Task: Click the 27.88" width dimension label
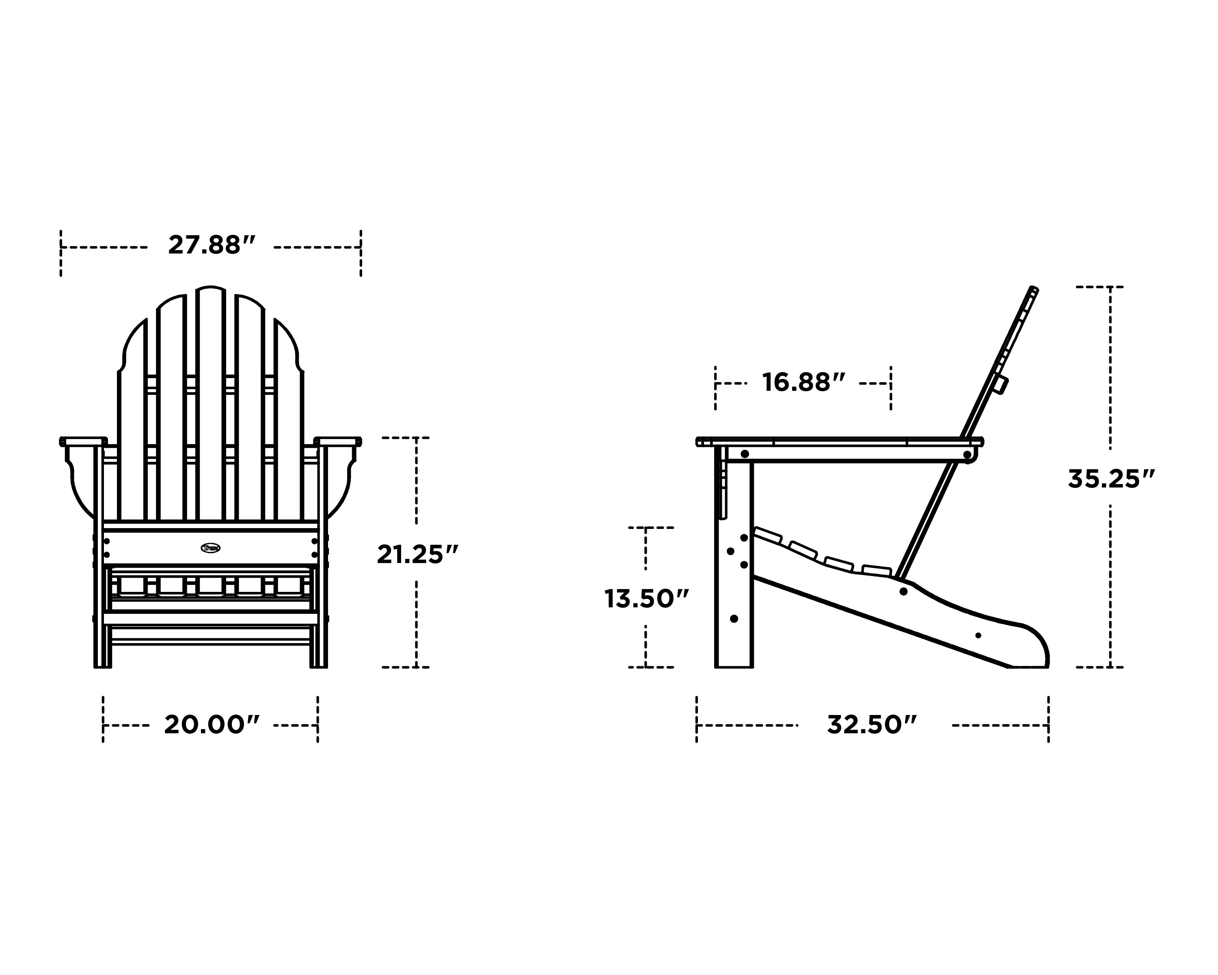[211, 246]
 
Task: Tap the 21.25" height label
[417, 555]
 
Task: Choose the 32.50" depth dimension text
[872, 725]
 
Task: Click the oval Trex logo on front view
[211, 548]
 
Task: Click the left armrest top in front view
[83, 440]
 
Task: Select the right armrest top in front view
[338, 440]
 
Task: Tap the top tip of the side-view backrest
[1034, 290]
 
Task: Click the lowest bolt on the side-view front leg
[734, 619]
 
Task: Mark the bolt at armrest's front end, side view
[745, 454]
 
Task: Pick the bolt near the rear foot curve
[978, 635]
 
